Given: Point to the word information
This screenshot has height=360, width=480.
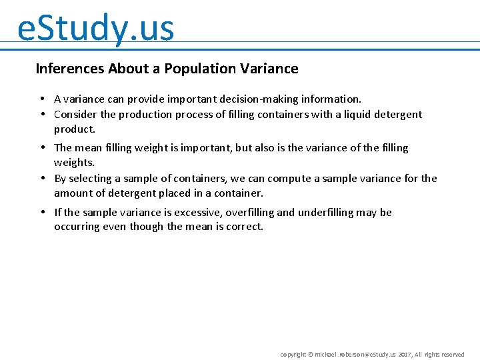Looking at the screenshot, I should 330,99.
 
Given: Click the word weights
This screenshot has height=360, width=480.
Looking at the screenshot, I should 73,163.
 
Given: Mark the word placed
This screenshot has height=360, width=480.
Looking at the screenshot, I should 183,193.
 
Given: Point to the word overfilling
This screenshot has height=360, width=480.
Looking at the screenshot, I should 250,213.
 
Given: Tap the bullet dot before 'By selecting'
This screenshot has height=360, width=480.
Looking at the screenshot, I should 42,178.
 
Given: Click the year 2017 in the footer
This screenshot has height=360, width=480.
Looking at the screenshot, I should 405,355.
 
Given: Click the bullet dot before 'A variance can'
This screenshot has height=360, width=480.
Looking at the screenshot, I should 42,99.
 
